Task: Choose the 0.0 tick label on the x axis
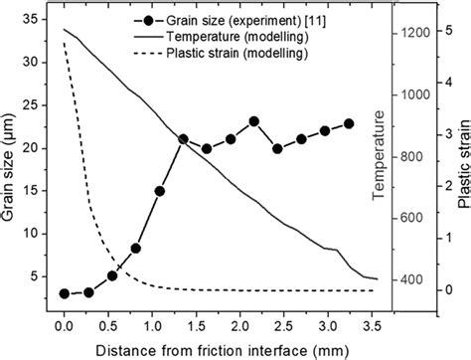[x=63, y=324]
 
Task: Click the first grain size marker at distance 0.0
[x=64, y=293]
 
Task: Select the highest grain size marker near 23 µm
[x=254, y=121]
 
